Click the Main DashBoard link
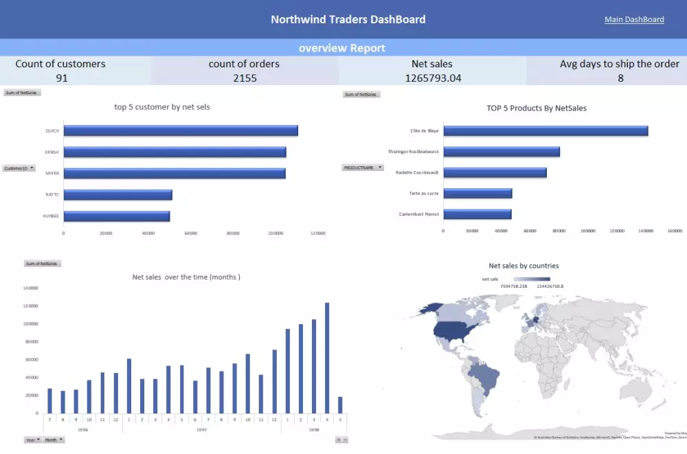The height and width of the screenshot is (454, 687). pyautogui.click(x=634, y=19)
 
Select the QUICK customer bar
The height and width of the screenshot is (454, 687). pyautogui.click(x=181, y=130)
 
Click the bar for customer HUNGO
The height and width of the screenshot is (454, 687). pyautogui.click(x=117, y=216)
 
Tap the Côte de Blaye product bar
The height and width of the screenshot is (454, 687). pyautogui.click(x=545, y=130)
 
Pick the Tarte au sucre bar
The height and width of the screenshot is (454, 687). pyautogui.click(x=477, y=193)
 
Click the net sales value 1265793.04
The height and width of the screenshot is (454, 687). pyautogui.click(x=433, y=78)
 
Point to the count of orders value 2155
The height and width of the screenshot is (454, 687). pyautogui.click(x=245, y=78)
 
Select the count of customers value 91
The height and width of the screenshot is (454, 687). pyautogui.click(x=62, y=78)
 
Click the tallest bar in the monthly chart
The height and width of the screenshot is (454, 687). pyautogui.click(x=327, y=358)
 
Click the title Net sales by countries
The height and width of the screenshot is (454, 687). pyautogui.click(x=523, y=265)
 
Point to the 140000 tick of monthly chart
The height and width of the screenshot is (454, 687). pyautogui.click(x=30, y=288)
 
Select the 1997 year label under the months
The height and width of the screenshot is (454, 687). pyautogui.click(x=201, y=429)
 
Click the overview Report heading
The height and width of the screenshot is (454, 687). pyautogui.click(x=342, y=48)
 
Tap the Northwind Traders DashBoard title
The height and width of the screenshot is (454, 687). pyautogui.click(x=348, y=19)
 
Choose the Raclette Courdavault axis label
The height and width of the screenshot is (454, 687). pyautogui.click(x=417, y=172)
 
